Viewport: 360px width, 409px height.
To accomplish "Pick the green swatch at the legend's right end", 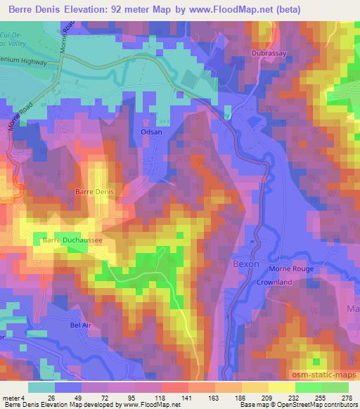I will (x=335, y=387).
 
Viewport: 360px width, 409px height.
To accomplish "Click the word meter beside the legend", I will (x=11, y=398).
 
